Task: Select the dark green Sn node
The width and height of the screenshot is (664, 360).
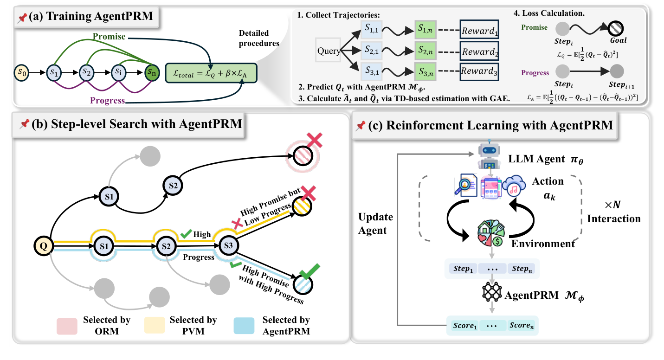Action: click(152, 72)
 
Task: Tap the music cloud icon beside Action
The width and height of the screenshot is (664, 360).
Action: click(513, 185)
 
